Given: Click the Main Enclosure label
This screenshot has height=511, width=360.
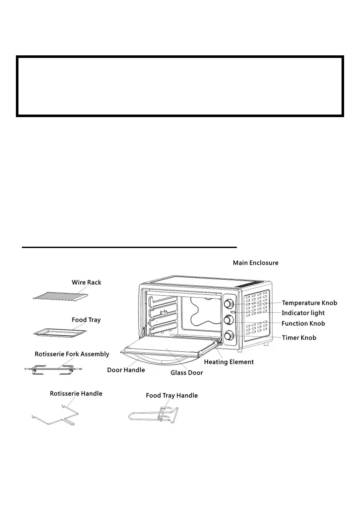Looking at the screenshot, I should click(x=255, y=263).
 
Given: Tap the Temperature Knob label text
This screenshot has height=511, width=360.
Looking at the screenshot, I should click(x=309, y=303).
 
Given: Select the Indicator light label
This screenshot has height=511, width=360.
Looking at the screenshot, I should click(x=303, y=313).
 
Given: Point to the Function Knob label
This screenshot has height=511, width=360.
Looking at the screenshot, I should click(x=303, y=324).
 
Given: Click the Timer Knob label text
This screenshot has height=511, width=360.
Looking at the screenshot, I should click(x=299, y=338).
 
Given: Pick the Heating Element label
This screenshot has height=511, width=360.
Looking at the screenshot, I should click(x=229, y=362).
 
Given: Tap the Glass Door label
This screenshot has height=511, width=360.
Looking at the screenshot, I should click(x=187, y=373).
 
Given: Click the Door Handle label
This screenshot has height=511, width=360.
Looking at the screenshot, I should click(x=126, y=370).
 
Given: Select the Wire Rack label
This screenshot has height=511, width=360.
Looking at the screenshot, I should click(x=86, y=282).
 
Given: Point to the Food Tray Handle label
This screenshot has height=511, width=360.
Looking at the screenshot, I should click(x=172, y=396).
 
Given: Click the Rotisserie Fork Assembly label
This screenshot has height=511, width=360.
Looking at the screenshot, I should click(x=72, y=354).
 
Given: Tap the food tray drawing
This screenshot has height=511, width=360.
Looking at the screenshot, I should click(x=60, y=332).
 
